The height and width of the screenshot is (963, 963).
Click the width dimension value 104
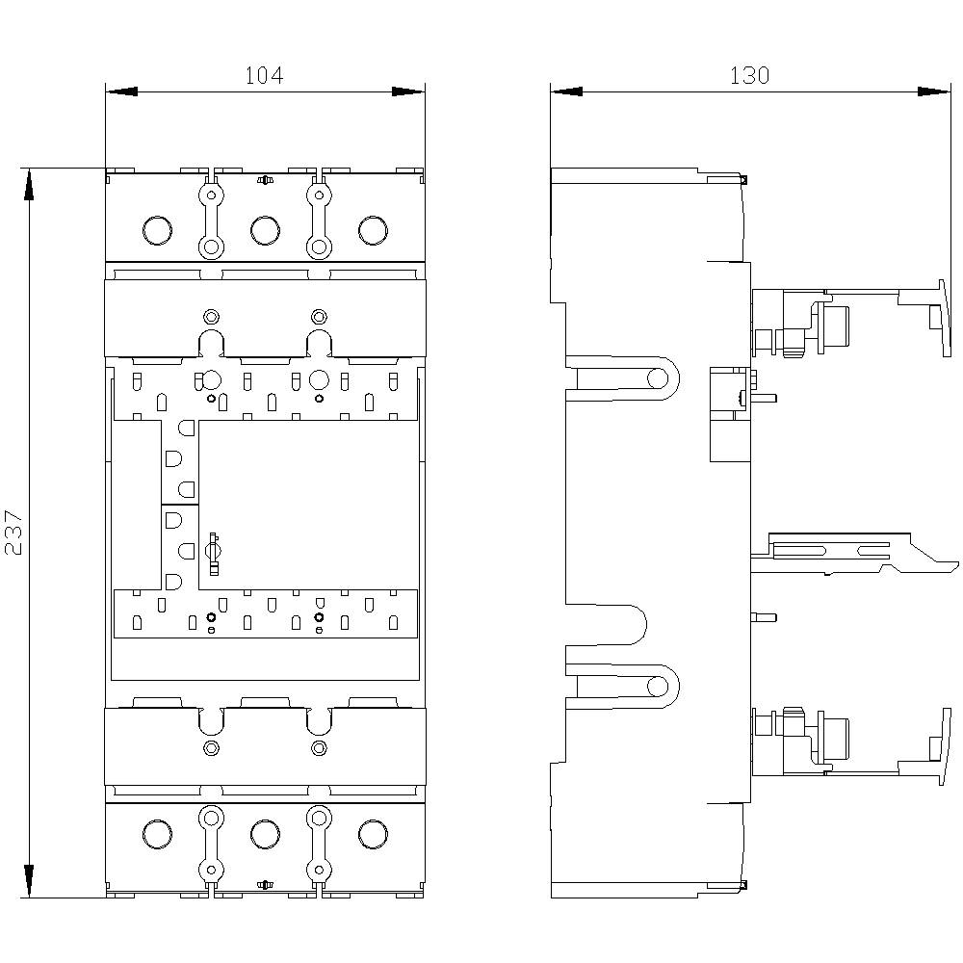click(x=264, y=75)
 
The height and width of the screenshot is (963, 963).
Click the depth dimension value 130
click(x=749, y=75)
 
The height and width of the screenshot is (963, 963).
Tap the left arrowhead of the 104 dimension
click(x=120, y=92)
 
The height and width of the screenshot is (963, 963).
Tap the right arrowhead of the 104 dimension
click(x=408, y=92)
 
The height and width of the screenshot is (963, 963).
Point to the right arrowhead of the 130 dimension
click(x=934, y=92)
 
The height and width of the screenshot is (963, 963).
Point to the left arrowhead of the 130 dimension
click(x=566, y=92)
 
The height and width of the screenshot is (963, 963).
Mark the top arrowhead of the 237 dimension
click(x=29, y=184)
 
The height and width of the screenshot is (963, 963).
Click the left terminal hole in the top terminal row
click(x=156, y=230)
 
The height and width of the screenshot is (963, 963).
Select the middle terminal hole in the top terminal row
click(x=264, y=230)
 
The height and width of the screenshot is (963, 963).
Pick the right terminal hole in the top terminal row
click(x=372, y=230)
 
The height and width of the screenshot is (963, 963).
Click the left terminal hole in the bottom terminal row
click(x=156, y=835)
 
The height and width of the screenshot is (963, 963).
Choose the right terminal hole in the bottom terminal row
click(x=372, y=835)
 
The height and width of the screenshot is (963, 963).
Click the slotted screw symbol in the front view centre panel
click(x=214, y=550)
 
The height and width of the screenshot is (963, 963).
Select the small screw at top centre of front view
click(x=264, y=179)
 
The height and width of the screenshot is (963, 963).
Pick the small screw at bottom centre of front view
click(x=264, y=884)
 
